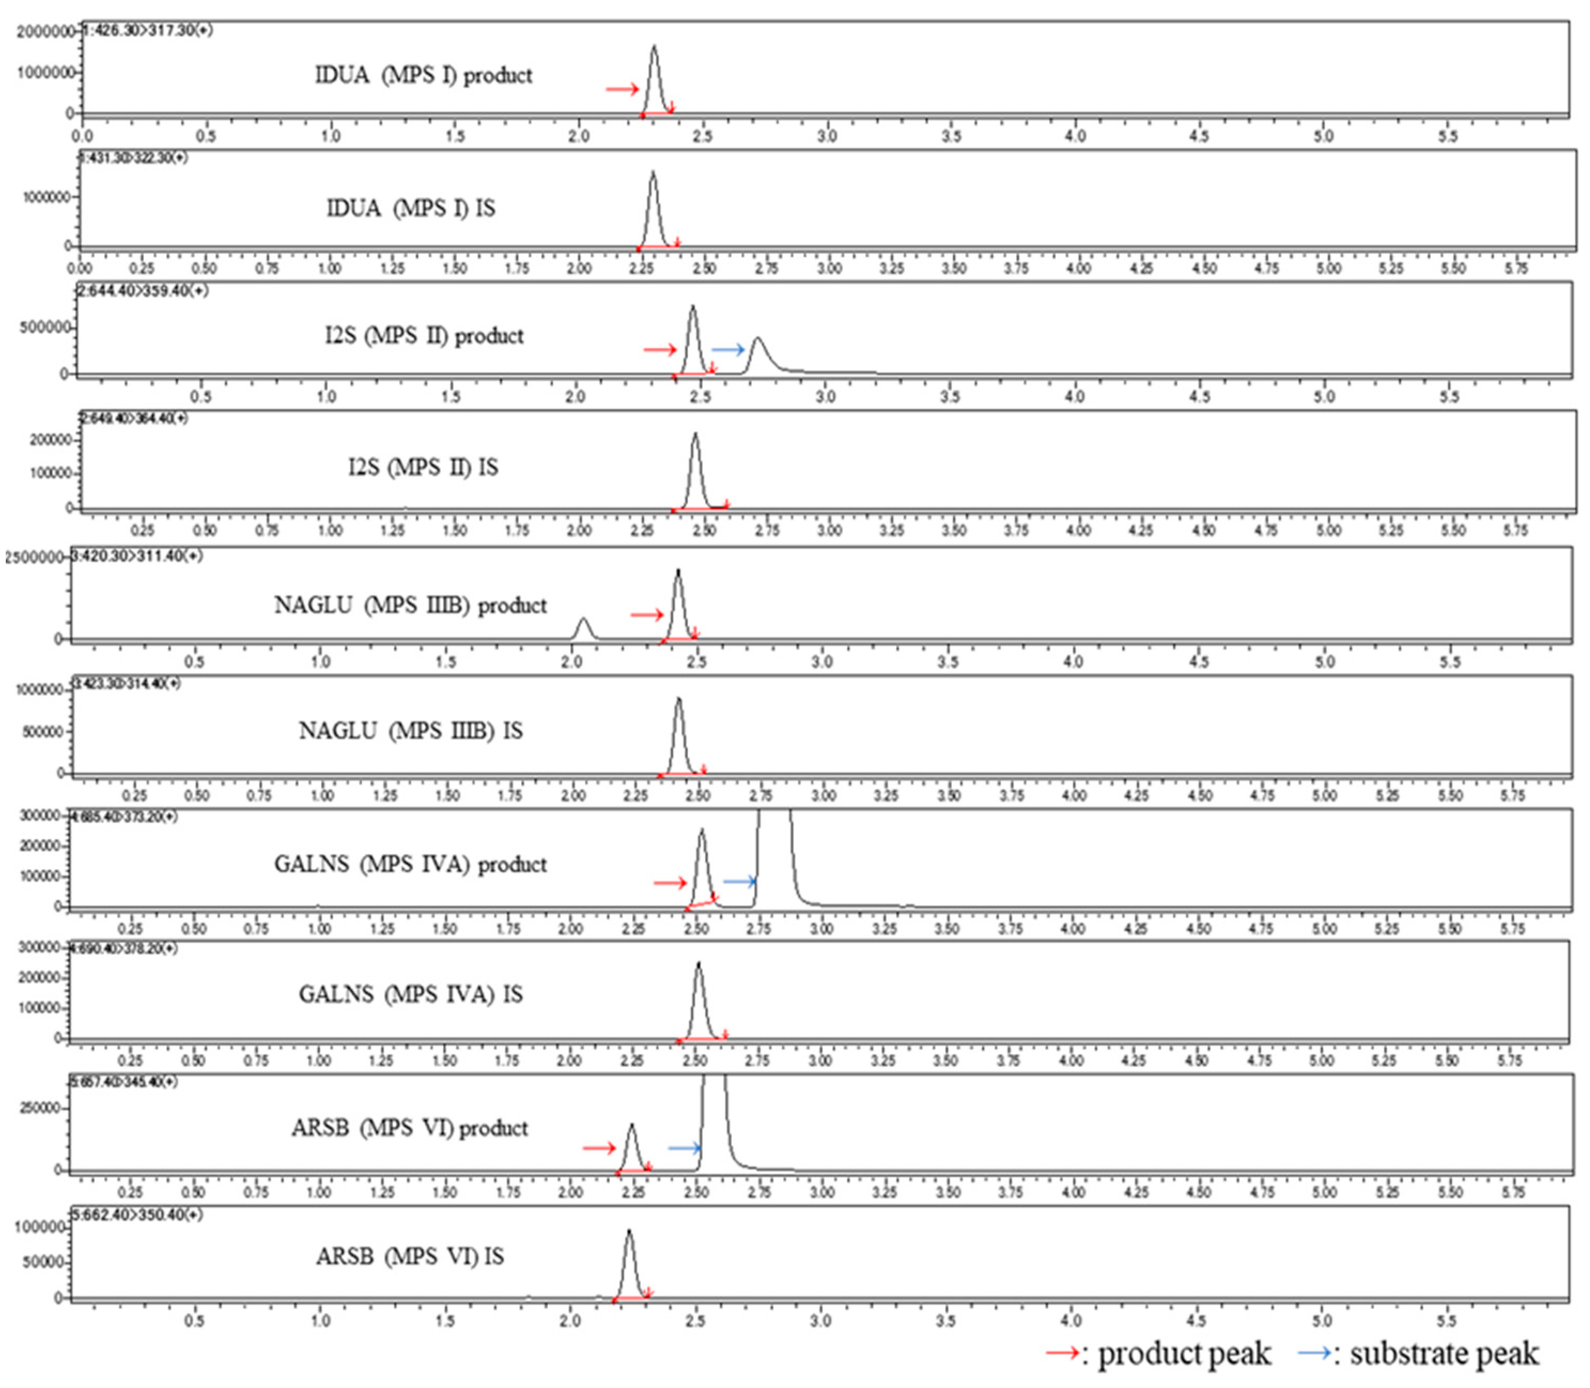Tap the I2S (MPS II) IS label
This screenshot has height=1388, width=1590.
click(x=423, y=468)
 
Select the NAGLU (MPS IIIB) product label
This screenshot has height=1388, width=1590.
click(x=410, y=605)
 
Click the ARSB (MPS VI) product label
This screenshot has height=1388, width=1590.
click(x=410, y=1128)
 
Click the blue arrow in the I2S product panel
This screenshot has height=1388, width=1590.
click(x=728, y=350)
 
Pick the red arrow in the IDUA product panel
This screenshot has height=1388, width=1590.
click(x=622, y=89)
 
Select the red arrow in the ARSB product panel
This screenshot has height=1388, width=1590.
click(x=599, y=1148)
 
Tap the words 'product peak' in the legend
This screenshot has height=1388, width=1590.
click(x=1184, y=1354)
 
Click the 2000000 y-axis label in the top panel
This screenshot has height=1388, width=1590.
click(x=45, y=32)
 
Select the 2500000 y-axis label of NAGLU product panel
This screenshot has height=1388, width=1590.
click(x=34, y=557)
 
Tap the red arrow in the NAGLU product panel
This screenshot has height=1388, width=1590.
click(x=647, y=615)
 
